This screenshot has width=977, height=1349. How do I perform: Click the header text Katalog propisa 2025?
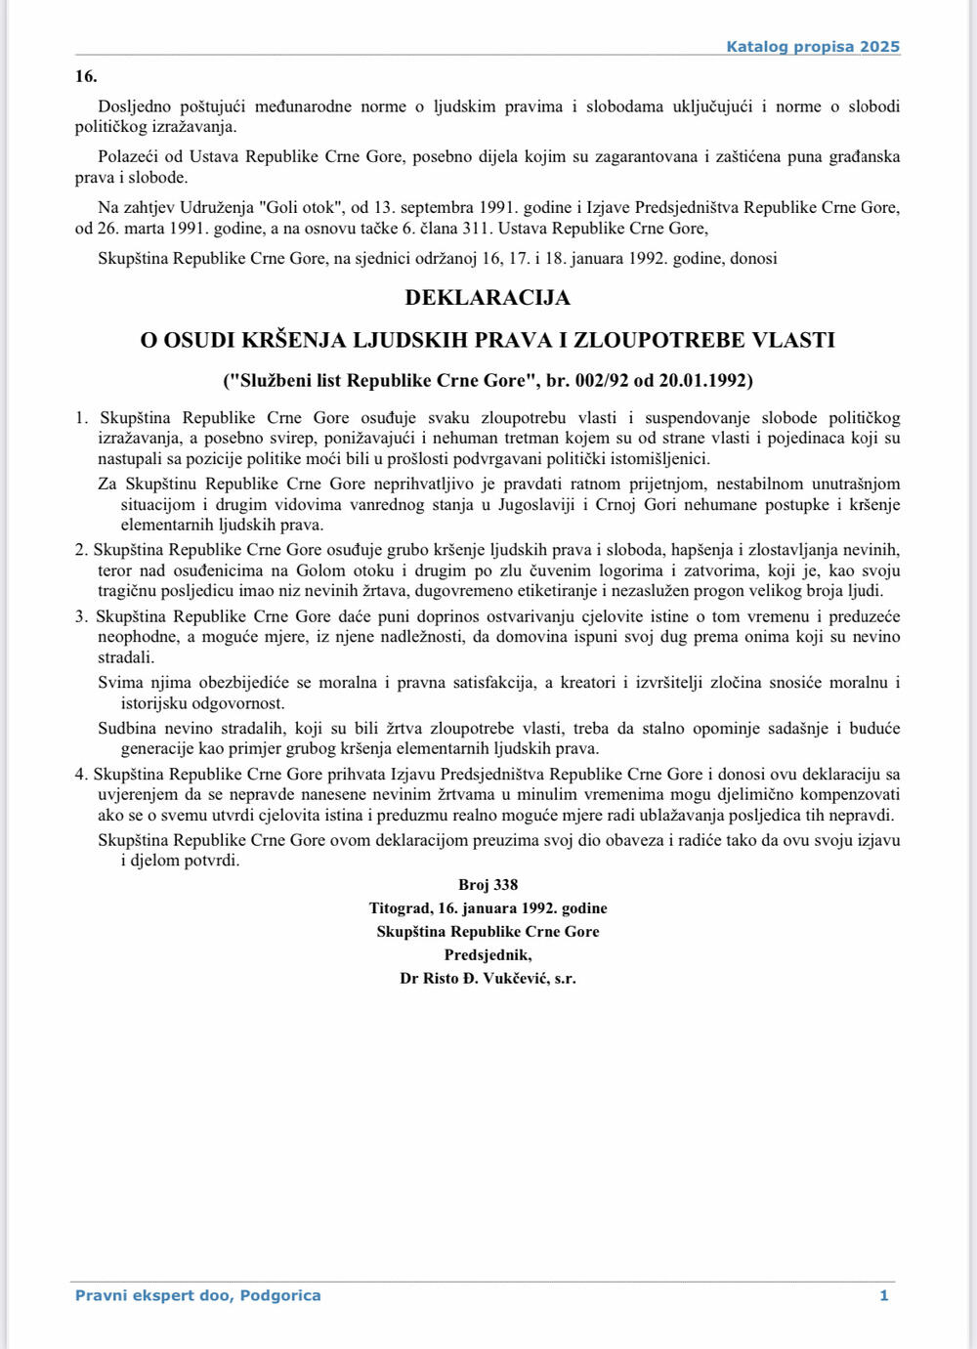click(x=812, y=47)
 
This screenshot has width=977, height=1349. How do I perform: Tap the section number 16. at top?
click(x=86, y=76)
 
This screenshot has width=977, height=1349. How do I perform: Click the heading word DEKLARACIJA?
click(x=488, y=297)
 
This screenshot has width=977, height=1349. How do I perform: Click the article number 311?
click(x=531, y=229)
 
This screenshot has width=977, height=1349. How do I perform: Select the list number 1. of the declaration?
click(x=82, y=418)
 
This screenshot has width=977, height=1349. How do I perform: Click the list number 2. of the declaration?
click(x=81, y=550)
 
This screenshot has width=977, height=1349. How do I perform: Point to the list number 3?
click(x=81, y=616)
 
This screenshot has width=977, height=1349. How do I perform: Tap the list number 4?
click(x=81, y=775)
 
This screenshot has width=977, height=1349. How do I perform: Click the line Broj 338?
click(x=488, y=885)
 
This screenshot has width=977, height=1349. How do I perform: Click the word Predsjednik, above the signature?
click(x=488, y=955)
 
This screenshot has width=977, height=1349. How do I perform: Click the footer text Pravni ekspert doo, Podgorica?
click(x=198, y=1296)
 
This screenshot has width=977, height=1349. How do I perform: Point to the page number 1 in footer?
click(x=883, y=1296)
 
